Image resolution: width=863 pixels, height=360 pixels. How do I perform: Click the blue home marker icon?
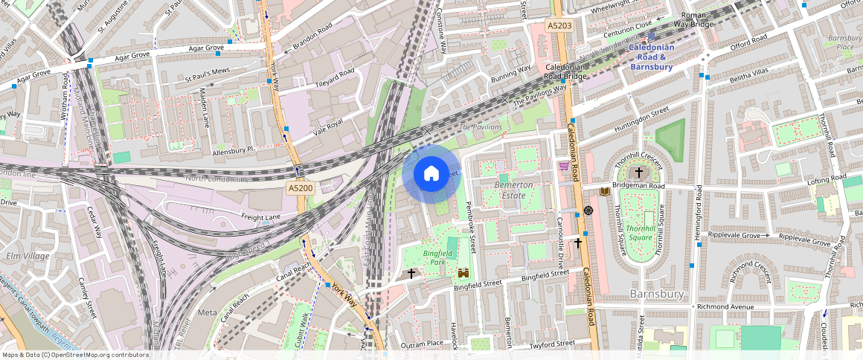tap(431, 174)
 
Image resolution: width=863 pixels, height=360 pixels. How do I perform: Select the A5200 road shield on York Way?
tap(300, 188)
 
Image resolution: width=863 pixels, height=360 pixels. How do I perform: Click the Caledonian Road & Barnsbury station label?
tap(651, 57)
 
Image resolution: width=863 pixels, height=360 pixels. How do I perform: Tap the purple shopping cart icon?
tap(564, 167)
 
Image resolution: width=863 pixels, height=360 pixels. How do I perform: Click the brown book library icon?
tap(604, 192)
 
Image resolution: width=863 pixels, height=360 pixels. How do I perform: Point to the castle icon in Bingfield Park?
tap(463, 272)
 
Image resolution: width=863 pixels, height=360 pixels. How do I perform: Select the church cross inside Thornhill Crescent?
tap(638, 172)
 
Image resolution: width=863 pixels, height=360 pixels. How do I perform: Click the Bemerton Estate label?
tap(513, 190)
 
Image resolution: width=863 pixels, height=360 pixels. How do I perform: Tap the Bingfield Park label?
tap(433, 257)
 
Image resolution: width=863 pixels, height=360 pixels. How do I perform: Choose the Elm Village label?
tap(28, 256)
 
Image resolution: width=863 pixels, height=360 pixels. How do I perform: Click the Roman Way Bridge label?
tap(693, 19)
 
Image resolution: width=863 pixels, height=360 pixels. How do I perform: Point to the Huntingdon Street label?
tap(641, 123)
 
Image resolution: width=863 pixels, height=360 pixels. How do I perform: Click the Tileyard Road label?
tap(335, 77)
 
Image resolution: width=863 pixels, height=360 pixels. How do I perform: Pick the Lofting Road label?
tap(825, 181)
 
